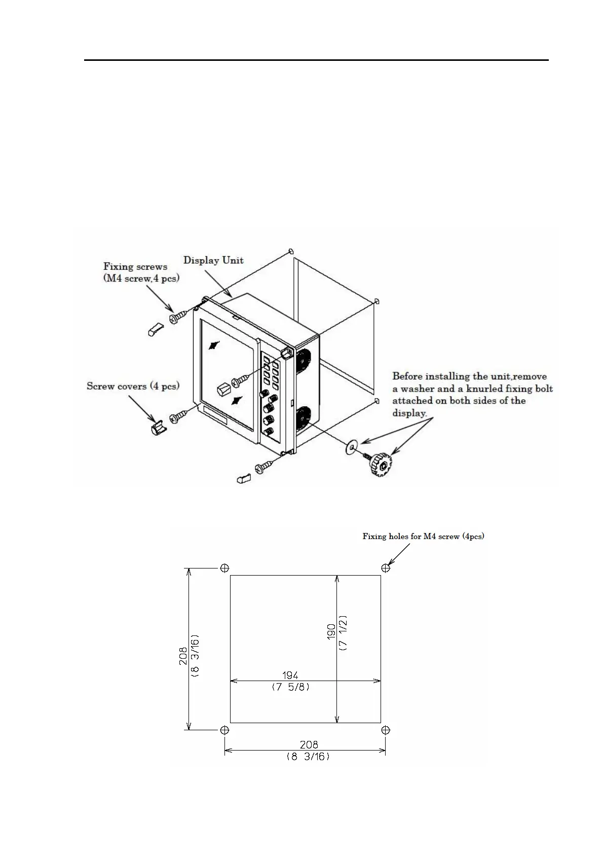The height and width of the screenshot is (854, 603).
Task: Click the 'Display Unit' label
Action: coord(213,261)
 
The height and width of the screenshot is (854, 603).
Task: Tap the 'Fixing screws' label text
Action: coord(135,267)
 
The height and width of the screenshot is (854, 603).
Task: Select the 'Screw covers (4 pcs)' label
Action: coord(133,386)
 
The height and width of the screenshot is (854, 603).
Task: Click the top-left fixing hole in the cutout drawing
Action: coord(224,568)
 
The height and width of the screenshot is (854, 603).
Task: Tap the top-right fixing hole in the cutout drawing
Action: coord(386,568)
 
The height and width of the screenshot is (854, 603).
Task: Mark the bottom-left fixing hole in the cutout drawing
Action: coord(224,730)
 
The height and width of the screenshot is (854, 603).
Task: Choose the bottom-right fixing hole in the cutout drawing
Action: coord(386,730)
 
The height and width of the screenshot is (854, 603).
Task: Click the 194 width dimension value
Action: coord(290,675)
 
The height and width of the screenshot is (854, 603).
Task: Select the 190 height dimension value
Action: coord(331,632)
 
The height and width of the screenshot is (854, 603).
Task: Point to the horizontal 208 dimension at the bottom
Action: coord(309,744)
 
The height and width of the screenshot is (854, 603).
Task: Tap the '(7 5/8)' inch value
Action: coord(290,688)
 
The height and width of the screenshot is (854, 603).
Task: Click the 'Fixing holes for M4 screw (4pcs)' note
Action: coord(423,536)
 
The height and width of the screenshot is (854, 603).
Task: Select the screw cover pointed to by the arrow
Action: coord(158,430)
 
